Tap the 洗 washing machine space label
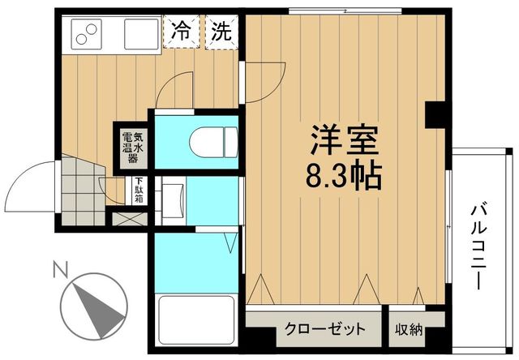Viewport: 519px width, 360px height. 221,33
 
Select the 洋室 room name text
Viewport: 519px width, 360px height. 345,140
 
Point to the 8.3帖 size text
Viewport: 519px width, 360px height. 345,175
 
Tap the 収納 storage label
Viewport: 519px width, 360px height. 409,329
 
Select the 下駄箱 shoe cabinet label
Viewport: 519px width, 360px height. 139,191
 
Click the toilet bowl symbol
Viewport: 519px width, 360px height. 212,144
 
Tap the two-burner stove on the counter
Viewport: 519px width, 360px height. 84,33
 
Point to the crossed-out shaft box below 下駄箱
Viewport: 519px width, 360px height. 128,217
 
